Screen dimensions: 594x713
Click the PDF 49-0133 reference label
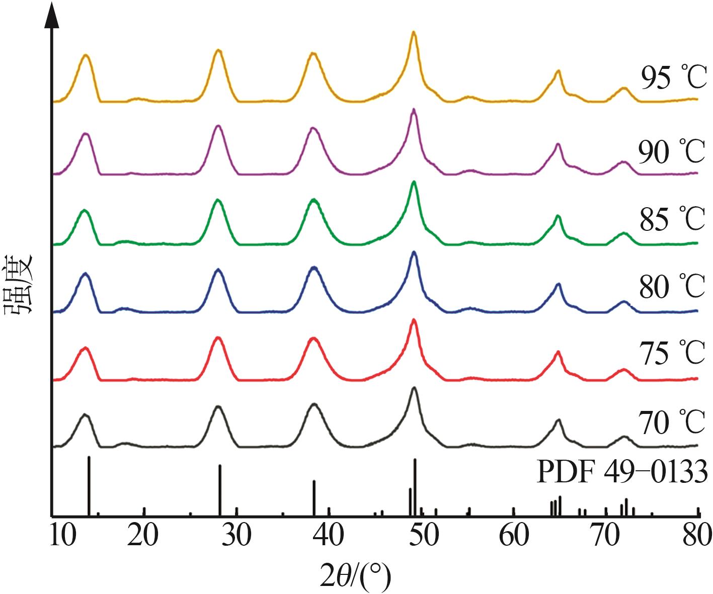click(622, 472)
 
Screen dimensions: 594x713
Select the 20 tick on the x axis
click(143, 536)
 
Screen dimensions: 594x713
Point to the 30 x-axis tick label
click(236, 536)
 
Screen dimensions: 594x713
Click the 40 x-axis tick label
click(329, 536)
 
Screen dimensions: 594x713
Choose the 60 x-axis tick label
click(514, 536)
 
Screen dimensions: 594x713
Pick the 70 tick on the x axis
click(606, 536)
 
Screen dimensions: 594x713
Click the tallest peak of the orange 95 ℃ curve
click(414, 32)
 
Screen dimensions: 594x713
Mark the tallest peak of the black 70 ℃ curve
click(414, 388)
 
